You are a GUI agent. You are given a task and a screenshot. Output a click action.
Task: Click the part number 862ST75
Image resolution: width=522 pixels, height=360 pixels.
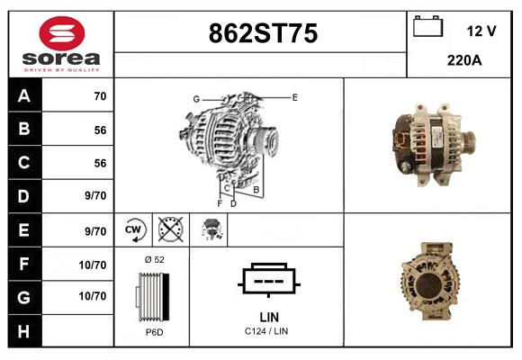tap(262, 33)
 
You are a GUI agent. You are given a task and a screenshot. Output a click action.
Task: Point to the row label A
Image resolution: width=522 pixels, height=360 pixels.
tap(24, 96)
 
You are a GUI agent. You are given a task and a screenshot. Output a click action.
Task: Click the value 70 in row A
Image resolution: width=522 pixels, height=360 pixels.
tap(100, 96)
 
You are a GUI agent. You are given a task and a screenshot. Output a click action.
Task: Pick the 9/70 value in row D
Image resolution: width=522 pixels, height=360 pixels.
tap(94, 195)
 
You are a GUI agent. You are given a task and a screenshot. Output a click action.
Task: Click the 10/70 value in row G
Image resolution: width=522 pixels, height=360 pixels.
tap(93, 295)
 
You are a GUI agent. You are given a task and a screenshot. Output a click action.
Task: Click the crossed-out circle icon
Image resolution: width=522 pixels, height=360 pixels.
tap(170, 229)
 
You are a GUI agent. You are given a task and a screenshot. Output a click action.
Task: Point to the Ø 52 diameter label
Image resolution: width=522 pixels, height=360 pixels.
tap(154, 259)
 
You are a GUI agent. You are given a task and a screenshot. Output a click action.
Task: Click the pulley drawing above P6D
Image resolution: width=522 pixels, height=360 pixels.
tap(152, 296)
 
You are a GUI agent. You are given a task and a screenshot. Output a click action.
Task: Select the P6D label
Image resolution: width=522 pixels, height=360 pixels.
tap(153, 333)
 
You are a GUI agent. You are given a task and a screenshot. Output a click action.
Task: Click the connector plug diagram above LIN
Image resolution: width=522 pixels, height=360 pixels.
tap(267, 280)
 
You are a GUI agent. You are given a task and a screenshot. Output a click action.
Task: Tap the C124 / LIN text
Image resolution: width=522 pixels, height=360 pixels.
tap(267, 332)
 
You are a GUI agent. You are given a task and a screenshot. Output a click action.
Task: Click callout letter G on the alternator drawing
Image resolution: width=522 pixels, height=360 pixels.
tap(195, 98)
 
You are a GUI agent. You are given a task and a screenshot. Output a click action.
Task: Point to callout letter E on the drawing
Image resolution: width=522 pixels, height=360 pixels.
tap(294, 96)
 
